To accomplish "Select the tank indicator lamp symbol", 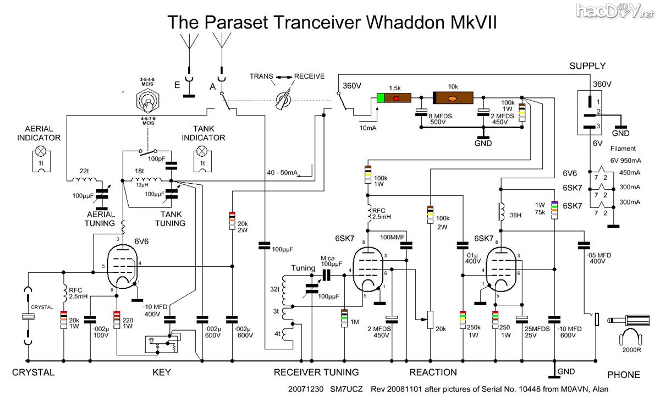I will [x=202, y=151].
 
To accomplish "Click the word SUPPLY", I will [x=587, y=66].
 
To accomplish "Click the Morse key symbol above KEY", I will [x=159, y=344].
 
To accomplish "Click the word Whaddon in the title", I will [x=406, y=23].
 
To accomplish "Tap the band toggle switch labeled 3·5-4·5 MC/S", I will [x=147, y=101].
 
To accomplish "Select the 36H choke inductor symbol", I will [x=501, y=211].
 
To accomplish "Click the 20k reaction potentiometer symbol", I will [x=430, y=319].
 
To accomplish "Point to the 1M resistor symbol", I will [x=344, y=318].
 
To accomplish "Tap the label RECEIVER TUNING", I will [x=316, y=373].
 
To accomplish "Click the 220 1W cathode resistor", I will [x=117, y=319].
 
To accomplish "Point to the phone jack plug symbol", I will [x=627, y=320].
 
